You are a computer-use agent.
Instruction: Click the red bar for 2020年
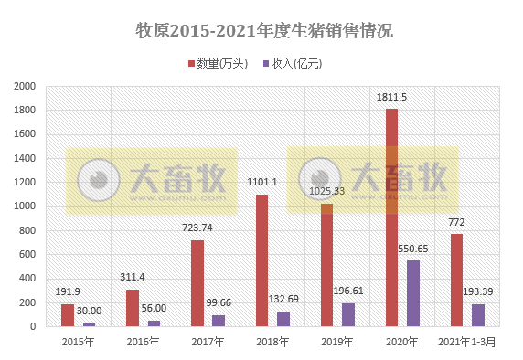coord(391,217)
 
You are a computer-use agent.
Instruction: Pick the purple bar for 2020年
coord(413,293)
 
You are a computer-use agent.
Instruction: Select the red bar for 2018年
coord(262,260)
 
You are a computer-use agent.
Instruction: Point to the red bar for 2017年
coord(197,283)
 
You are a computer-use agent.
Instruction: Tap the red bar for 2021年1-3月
coord(456,280)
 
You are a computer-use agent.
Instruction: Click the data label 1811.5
coord(391,98)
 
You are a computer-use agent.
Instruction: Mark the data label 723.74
coord(197,228)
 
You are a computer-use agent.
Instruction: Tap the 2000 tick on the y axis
coord(25,87)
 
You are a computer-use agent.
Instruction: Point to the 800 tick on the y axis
coord(28,230)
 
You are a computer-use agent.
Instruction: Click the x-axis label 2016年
coord(144,343)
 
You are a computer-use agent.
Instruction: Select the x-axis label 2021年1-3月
coord(467,343)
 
